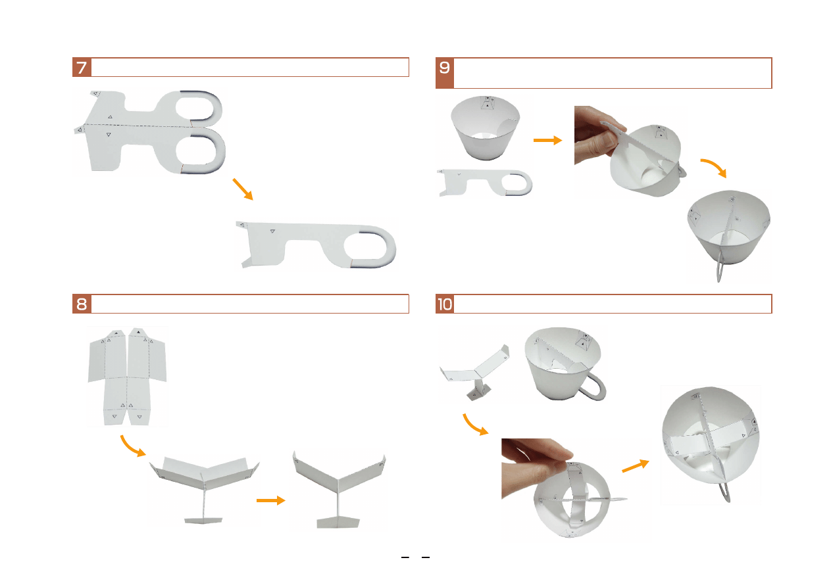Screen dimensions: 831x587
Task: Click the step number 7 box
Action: pos(82,67)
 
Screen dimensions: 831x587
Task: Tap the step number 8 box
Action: pos(82,304)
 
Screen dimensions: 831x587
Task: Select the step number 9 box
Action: pos(444,72)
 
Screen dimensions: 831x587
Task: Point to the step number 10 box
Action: pos(444,304)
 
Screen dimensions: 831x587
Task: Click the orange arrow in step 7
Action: pos(243,189)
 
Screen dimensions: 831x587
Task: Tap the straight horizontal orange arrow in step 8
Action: pos(271,501)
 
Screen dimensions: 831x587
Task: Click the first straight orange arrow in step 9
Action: pos(547,140)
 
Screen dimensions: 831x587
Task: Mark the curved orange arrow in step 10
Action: pos(473,426)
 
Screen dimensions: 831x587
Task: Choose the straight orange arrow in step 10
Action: pos(636,466)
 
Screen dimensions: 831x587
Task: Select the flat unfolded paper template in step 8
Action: pos(127,377)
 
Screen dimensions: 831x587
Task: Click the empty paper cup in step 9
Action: pos(486,128)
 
